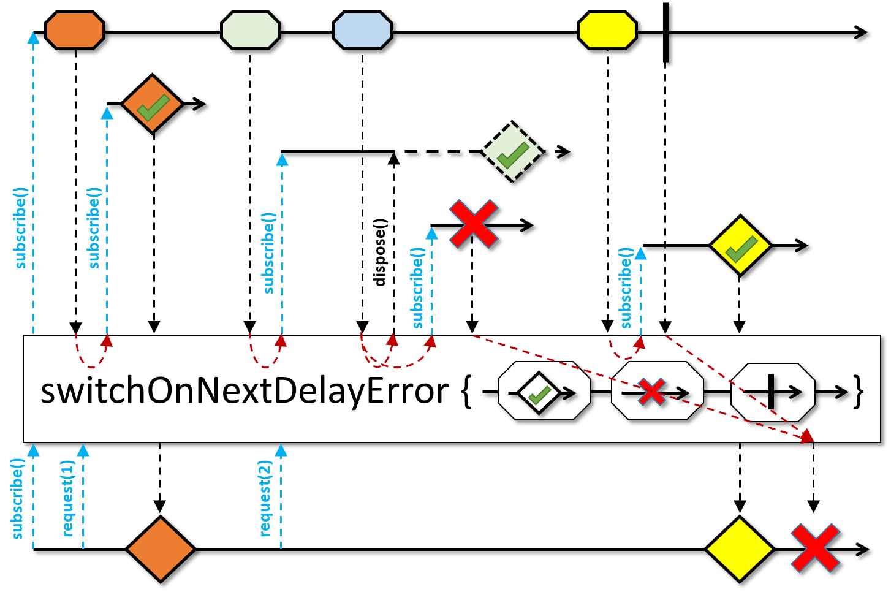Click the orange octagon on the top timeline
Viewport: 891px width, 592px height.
coord(75,30)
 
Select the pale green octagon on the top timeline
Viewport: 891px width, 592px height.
coord(250,30)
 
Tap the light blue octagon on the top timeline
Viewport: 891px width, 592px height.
coord(362,30)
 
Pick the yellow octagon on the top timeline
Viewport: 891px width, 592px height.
coord(607,30)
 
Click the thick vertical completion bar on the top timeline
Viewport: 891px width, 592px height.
coord(665,32)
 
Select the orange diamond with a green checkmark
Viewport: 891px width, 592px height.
coord(153,105)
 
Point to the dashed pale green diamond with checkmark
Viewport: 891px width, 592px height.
coord(513,152)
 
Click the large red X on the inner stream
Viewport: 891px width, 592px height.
coord(473,224)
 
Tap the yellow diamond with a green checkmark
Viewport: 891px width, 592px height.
coord(740,245)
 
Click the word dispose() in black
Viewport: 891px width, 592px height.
coord(380,252)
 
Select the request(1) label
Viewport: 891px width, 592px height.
coord(67,498)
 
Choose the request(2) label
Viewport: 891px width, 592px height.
coord(265,498)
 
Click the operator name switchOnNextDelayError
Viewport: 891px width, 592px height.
coord(244,390)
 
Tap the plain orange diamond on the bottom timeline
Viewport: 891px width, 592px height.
coord(160,549)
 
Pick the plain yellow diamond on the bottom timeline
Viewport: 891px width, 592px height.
coord(740,549)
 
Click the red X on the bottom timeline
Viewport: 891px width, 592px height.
coord(815,548)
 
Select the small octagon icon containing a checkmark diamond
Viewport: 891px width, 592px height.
coord(544,391)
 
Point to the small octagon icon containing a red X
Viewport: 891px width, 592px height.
coord(657,391)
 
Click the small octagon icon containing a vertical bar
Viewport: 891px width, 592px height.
coord(773,391)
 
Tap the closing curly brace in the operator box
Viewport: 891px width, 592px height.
coord(859,391)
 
